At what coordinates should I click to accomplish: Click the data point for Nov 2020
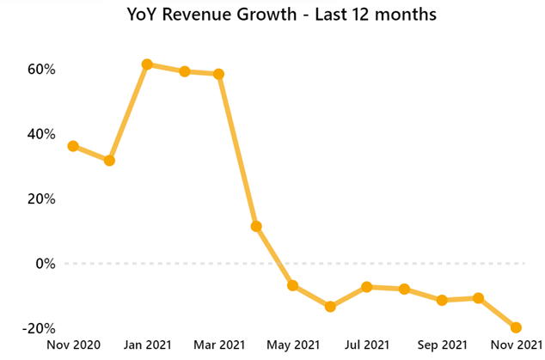click(73, 146)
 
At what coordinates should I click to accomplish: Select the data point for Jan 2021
click(147, 64)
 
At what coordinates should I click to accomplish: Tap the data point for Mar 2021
click(219, 74)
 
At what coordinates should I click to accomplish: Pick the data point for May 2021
click(293, 285)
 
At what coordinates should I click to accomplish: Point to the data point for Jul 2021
click(367, 287)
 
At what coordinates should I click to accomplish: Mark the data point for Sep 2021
click(442, 300)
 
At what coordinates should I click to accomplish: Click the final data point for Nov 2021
click(516, 327)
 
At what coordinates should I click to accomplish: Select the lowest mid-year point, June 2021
click(330, 307)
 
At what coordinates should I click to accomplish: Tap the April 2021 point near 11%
click(256, 227)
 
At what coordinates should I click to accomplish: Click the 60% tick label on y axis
click(40, 69)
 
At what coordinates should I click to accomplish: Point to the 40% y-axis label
click(40, 134)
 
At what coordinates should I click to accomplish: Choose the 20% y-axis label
click(40, 198)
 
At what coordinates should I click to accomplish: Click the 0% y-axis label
click(44, 264)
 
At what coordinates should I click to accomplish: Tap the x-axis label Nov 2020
click(73, 345)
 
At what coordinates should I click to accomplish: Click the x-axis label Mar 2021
click(219, 345)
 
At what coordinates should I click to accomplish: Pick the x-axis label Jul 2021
click(367, 345)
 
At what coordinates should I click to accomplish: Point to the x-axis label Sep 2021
click(442, 345)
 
